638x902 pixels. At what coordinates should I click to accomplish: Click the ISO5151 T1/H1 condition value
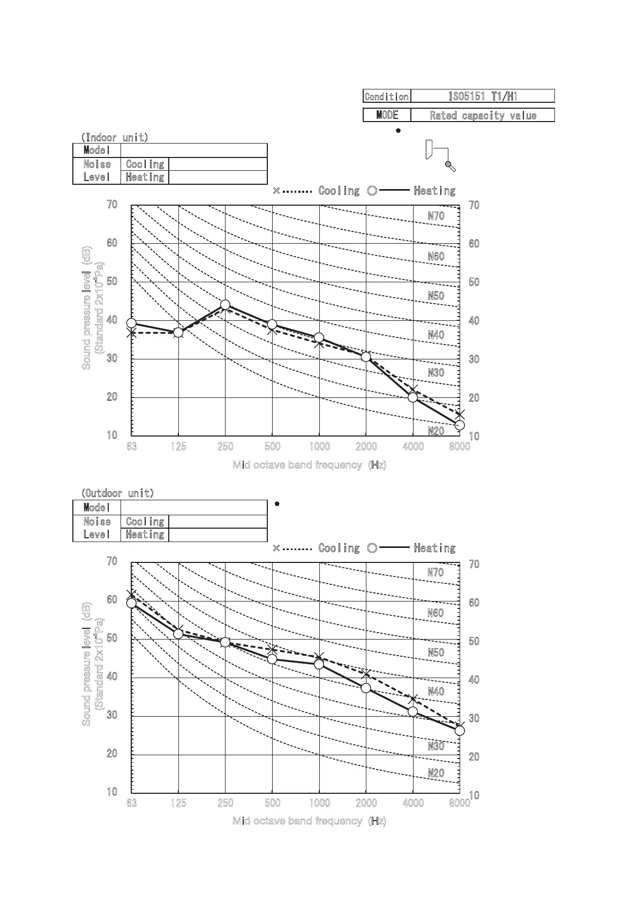[x=483, y=96]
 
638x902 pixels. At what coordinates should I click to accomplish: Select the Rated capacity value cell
[x=483, y=115]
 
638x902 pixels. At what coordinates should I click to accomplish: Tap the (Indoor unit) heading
[x=115, y=137]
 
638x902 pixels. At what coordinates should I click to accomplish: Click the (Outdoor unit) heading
[x=117, y=493]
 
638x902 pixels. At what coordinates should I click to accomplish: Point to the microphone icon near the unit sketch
[x=451, y=167]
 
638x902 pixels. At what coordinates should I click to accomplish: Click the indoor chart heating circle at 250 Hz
[x=226, y=305]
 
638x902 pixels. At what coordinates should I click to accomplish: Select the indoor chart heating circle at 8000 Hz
[x=460, y=425]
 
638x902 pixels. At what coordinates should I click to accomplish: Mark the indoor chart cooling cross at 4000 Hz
[x=413, y=389]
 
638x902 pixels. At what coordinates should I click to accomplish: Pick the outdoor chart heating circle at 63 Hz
[x=131, y=603]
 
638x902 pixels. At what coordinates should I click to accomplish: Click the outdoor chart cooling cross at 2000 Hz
[x=366, y=674]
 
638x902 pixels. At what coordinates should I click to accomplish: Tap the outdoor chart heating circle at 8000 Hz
[x=460, y=731]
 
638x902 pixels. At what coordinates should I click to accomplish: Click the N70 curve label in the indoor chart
[x=436, y=216]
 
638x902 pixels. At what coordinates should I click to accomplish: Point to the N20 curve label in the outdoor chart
[x=436, y=773]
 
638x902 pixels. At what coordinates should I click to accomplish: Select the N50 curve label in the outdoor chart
[x=436, y=652]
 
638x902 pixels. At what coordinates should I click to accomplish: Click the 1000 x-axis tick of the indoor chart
[x=319, y=446]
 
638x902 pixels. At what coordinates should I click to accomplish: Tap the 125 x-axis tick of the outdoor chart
[x=178, y=802]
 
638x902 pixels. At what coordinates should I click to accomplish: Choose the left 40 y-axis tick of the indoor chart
[x=112, y=320]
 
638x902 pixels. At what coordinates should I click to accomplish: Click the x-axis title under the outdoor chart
[x=309, y=821]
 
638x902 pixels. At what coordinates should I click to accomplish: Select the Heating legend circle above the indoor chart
[x=373, y=190]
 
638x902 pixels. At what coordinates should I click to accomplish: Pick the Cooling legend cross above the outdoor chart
[x=276, y=547]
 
